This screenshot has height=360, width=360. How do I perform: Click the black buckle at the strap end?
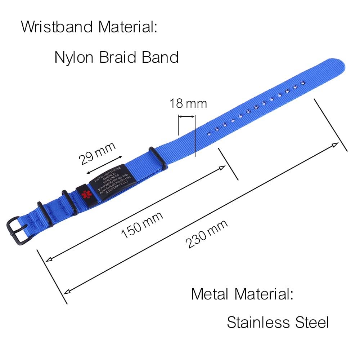coord(19,228)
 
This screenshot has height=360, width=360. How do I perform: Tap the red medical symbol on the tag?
coord(85,194)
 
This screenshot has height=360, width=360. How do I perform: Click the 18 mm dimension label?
coord(188,104)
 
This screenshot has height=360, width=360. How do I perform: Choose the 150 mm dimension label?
coord(142,225)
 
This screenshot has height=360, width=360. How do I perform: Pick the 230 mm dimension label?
coord(207,234)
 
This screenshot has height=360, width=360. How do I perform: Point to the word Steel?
coord(311,322)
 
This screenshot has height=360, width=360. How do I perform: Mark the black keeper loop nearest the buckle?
coord(45,214)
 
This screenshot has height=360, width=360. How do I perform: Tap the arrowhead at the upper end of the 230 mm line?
coord(336,144)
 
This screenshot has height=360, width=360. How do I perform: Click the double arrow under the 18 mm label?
coord(187,116)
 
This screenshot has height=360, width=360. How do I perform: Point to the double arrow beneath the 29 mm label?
coord(104,164)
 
